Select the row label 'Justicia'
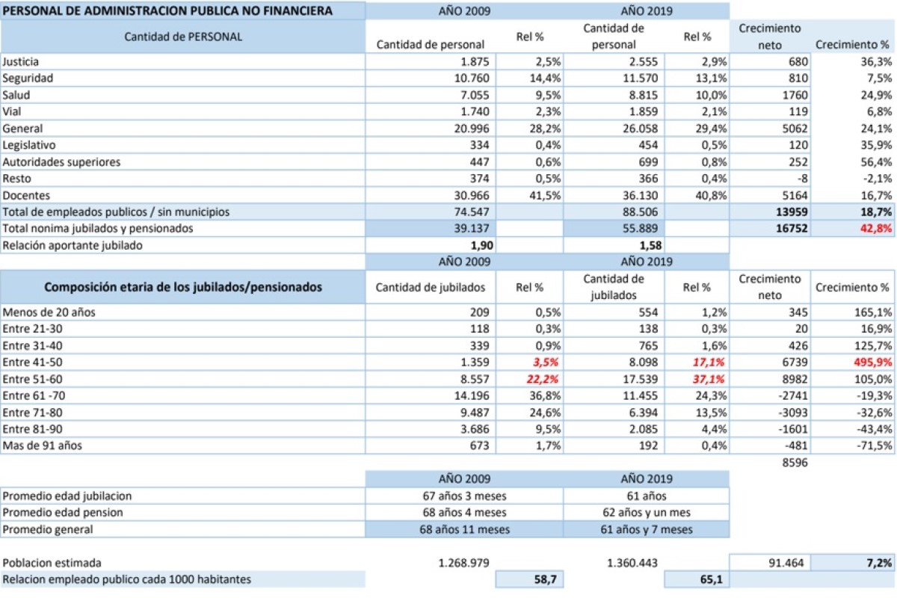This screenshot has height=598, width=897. pyautogui.click(x=21, y=61)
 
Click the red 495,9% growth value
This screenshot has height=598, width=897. pyautogui.click(x=872, y=361)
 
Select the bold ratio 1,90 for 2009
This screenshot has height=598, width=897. pyautogui.click(x=475, y=245)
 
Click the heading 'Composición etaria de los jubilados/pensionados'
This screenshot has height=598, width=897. pyautogui.click(x=183, y=286)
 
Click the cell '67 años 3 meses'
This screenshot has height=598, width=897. pyautogui.click(x=464, y=496)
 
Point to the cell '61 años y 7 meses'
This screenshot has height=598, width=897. pyautogui.click(x=647, y=529)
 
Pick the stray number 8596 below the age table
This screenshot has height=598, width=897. pyautogui.click(x=793, y=463)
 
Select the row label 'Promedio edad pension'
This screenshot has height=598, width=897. pyautogui.click(x=63, y=512)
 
